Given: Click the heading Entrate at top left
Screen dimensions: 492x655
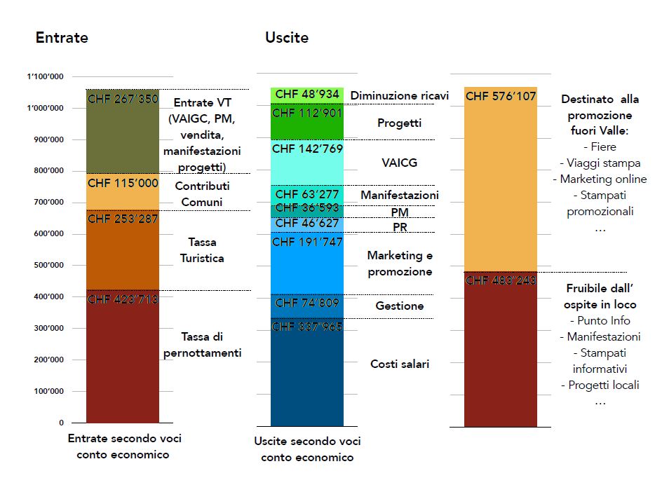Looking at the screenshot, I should [62, 37].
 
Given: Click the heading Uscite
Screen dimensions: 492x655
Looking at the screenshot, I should [286, 37].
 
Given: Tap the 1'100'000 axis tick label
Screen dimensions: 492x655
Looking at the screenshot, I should [45, 76].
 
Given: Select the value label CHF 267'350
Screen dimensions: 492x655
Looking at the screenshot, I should [123, 99].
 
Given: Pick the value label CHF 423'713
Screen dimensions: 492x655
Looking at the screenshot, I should [123, 300].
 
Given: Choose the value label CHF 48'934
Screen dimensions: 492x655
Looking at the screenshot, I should [307, 94].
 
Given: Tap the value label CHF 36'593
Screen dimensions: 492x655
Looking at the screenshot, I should [307, 208].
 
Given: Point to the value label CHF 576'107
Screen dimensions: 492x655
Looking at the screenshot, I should [501, 96].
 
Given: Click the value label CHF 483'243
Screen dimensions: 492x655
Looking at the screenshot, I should [501, 280].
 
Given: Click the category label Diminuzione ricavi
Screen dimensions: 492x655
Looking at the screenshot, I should [399, 96].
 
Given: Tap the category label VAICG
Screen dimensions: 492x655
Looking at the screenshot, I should [399, 163].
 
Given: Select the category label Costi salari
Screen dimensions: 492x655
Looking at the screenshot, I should [400, 364].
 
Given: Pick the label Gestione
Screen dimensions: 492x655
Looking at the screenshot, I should [400, 306].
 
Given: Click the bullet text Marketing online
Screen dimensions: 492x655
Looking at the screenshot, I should [600, 179].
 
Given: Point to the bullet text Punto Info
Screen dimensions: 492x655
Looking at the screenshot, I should [600, 321].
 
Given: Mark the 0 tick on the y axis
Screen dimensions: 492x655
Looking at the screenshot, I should [61, 423].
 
